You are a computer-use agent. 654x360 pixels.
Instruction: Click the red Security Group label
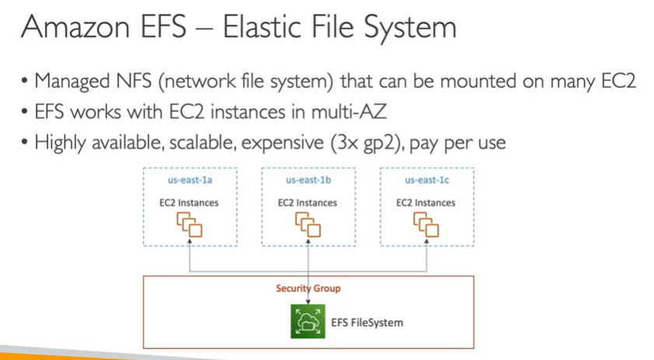(x=308, y=288)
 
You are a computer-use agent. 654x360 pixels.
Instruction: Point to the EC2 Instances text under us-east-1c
(x=425, y=203)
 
